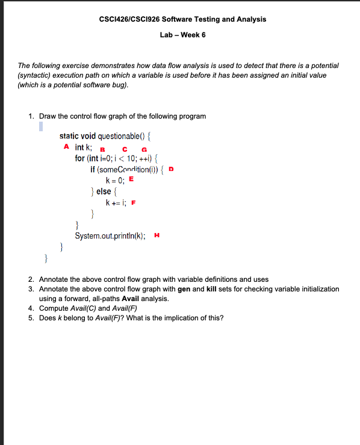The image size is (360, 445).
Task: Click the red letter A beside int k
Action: coord(66,147)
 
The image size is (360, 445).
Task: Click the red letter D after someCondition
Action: coord(172,169)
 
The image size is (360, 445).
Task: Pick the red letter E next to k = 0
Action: coord(131,179)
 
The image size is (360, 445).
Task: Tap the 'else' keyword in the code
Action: coord(104,191)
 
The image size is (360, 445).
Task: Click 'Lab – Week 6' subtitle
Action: coord(182,35)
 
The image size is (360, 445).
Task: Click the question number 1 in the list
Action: coord(31,116)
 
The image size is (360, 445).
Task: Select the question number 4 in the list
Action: coord(31,308)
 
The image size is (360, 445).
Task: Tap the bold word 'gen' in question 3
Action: coord(184,289)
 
